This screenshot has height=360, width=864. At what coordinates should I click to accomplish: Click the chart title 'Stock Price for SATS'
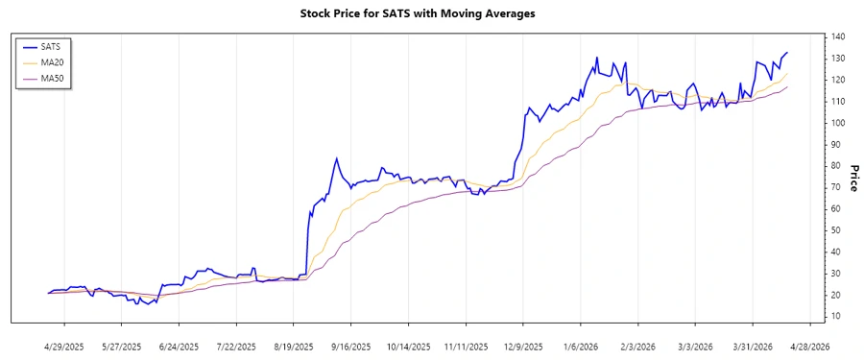[x=431, y=13]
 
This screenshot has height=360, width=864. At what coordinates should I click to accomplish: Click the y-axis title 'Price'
[x=852, y=178]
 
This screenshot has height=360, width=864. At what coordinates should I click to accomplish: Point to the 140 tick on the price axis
[x=838, y=36]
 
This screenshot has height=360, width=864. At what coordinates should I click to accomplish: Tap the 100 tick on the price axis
[x=838, y=123]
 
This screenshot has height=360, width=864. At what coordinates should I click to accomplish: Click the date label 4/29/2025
[x=64, y=347]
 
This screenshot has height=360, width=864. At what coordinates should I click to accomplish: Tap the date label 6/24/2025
[x=179, y=347]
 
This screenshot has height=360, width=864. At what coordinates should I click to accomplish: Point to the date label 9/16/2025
[x=350, y=347]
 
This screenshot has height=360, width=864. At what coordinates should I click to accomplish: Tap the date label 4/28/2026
[x=808, y=347]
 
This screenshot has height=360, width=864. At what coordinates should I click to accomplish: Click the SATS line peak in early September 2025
[x=336, y=158]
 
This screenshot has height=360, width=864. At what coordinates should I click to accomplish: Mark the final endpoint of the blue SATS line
[x=788, y=53]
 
